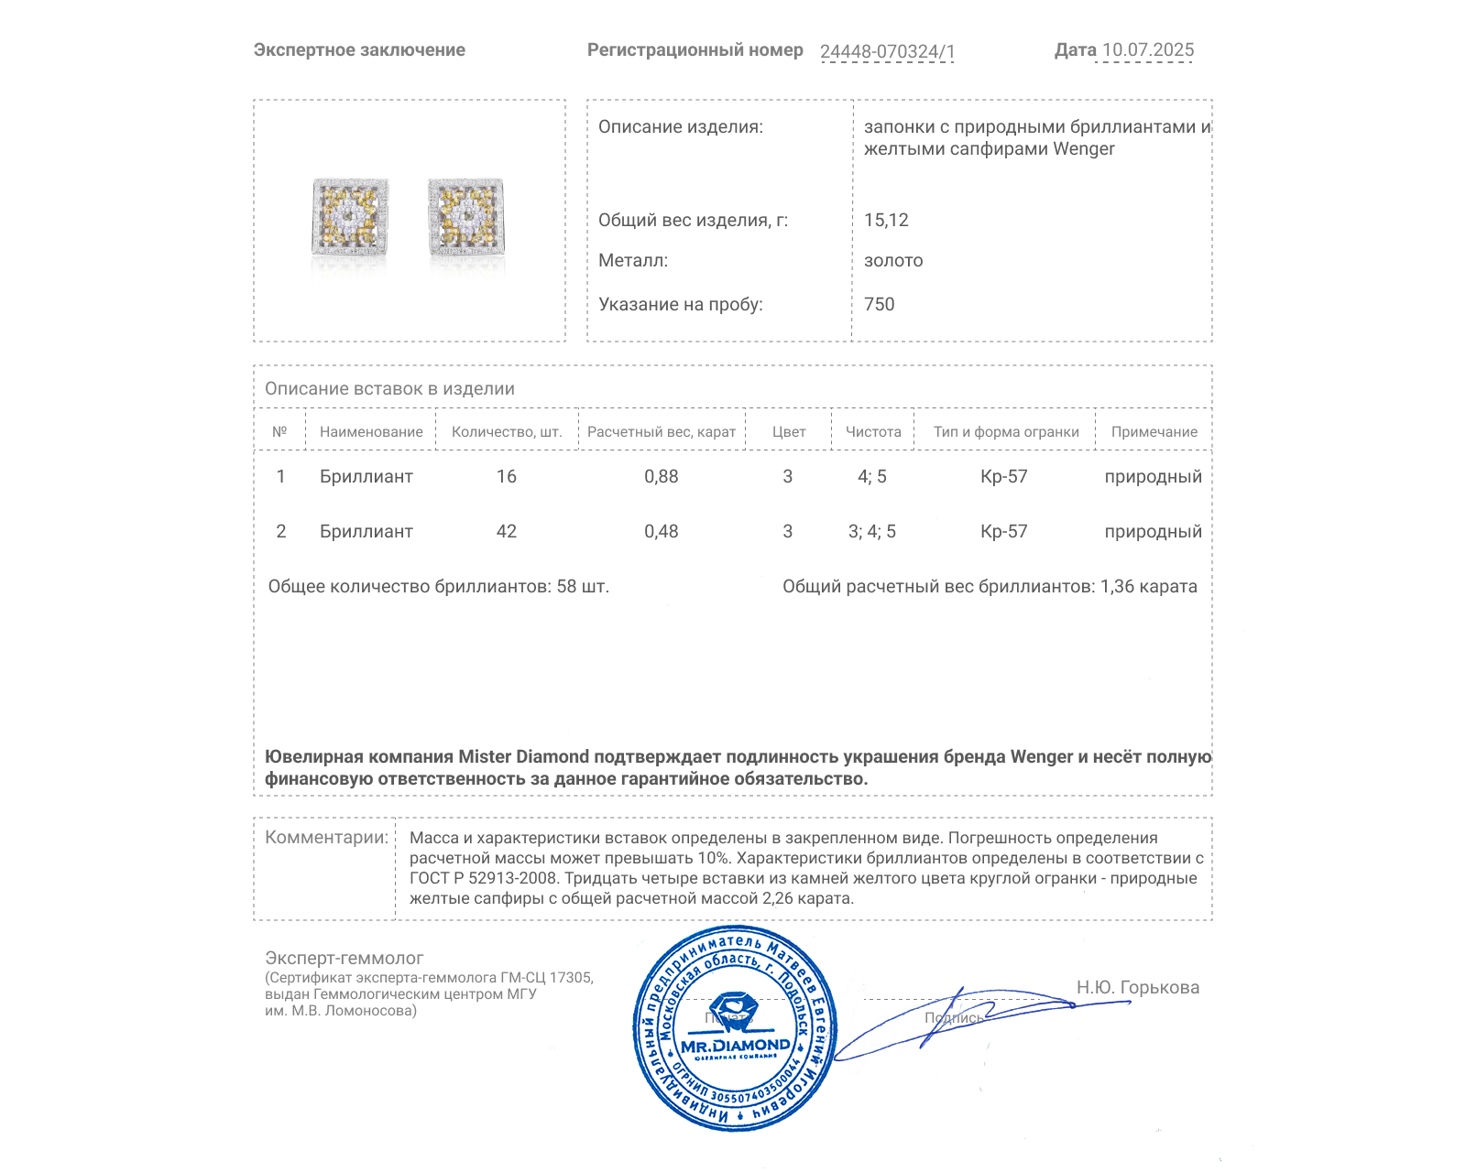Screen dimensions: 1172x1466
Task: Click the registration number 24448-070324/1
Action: [x=887, y=51]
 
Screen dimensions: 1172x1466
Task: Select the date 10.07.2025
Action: [x=1148, y=50]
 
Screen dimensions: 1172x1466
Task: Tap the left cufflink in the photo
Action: [x=350, y=217]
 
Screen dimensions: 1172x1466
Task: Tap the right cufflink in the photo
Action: [x=466, y=217]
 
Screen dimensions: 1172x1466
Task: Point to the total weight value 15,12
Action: [x=886, y=220]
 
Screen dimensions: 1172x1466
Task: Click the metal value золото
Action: [x=893, y=260]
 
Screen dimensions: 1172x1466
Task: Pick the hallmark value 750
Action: [x=879, y=304]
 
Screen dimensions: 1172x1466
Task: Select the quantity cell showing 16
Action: [x=507, y=476]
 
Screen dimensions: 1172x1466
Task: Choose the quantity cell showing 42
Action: [x=507, y=531]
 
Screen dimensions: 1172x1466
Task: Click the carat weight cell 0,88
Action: [x=662, y=476]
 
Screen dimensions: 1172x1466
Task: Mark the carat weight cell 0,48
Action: [x=662, y=531]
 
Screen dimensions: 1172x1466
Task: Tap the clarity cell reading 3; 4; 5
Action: [x=872, y=531]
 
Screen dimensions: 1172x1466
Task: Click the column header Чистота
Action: [x=873, y=432]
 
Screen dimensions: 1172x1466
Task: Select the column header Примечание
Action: [x=1154, y=432]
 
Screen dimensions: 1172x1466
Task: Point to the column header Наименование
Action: [x=371, y=432]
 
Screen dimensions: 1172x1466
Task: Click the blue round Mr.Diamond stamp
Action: [x=735, y=1029]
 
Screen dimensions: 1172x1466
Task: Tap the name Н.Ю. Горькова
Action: [x=1138, y=987]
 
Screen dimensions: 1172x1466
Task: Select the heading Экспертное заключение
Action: [x=359, y=50]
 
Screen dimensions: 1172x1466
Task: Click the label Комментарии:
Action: [x=326, y=837]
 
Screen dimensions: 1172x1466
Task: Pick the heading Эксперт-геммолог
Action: [x=345, y=958]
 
